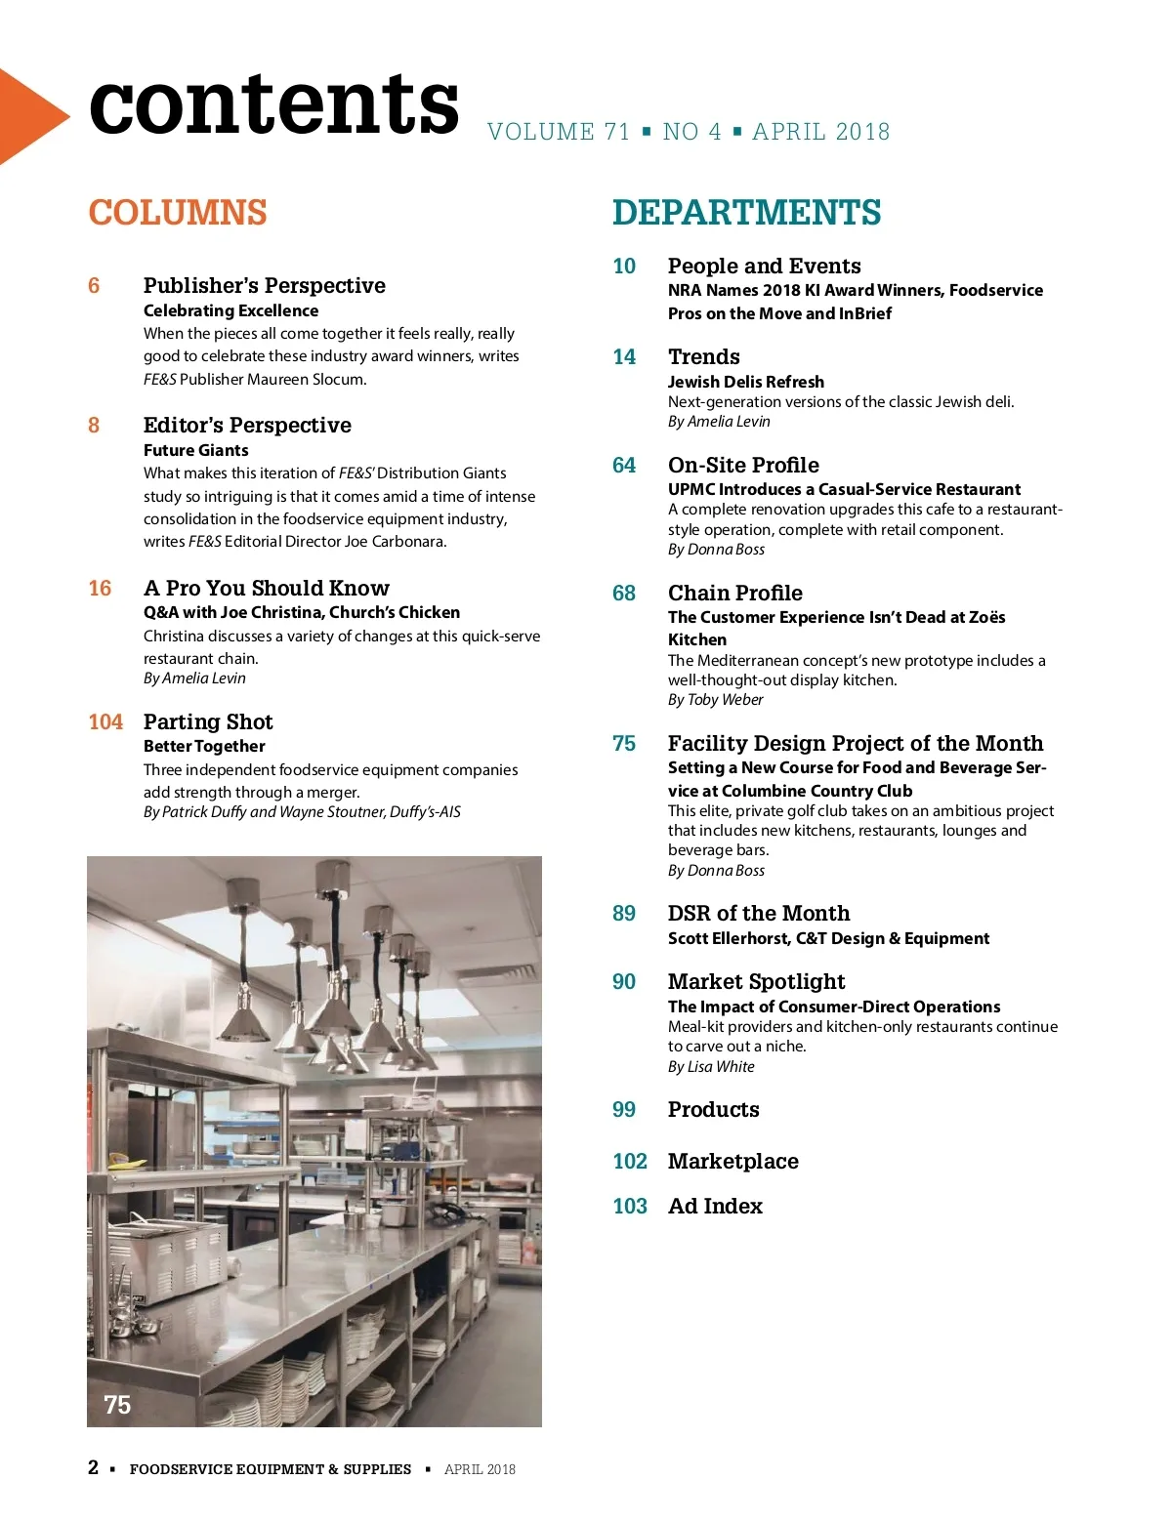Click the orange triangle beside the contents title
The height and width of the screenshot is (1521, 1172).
point(29,116)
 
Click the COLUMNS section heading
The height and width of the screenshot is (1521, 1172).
point(178,213)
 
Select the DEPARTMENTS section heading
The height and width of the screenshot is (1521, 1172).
point(746,213)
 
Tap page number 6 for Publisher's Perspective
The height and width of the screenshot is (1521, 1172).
point(94,286)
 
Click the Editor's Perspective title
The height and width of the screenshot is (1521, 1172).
point(247,426)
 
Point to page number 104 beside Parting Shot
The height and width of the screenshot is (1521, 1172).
point(105,722)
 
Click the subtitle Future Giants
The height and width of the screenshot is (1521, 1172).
point(195,450)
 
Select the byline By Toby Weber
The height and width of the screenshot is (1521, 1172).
point(715,700)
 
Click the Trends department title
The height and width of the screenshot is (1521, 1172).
point(703,357)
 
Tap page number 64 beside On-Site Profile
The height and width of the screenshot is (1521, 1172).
point(624,466)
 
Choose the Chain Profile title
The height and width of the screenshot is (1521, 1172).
point(734,594)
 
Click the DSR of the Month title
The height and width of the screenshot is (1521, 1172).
point(758,914)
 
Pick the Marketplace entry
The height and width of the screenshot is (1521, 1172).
point(732,1162)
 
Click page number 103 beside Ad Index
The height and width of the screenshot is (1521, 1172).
point(630,1207)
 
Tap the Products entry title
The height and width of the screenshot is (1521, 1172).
point(713,1110)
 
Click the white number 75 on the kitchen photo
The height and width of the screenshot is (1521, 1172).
point(117,1405)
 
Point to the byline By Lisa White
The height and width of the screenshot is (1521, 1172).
point(711,1067)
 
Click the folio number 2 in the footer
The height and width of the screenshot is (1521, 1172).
point(93,1467)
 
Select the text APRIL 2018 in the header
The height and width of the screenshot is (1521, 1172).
point(821,132)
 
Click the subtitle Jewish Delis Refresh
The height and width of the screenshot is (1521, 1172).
point(745,382)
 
